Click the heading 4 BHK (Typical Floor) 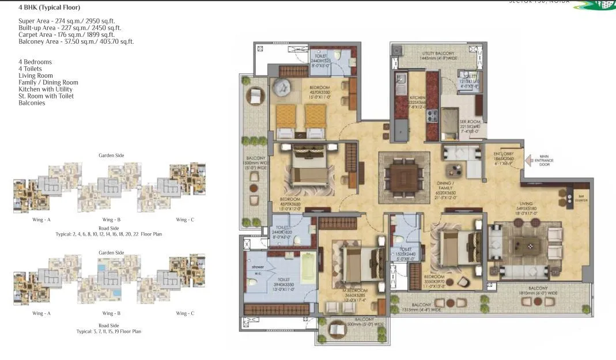[49, 8]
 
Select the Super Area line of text [67, 21]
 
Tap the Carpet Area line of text [66, 35]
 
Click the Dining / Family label [445, 183]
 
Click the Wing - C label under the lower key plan [185, 313]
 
